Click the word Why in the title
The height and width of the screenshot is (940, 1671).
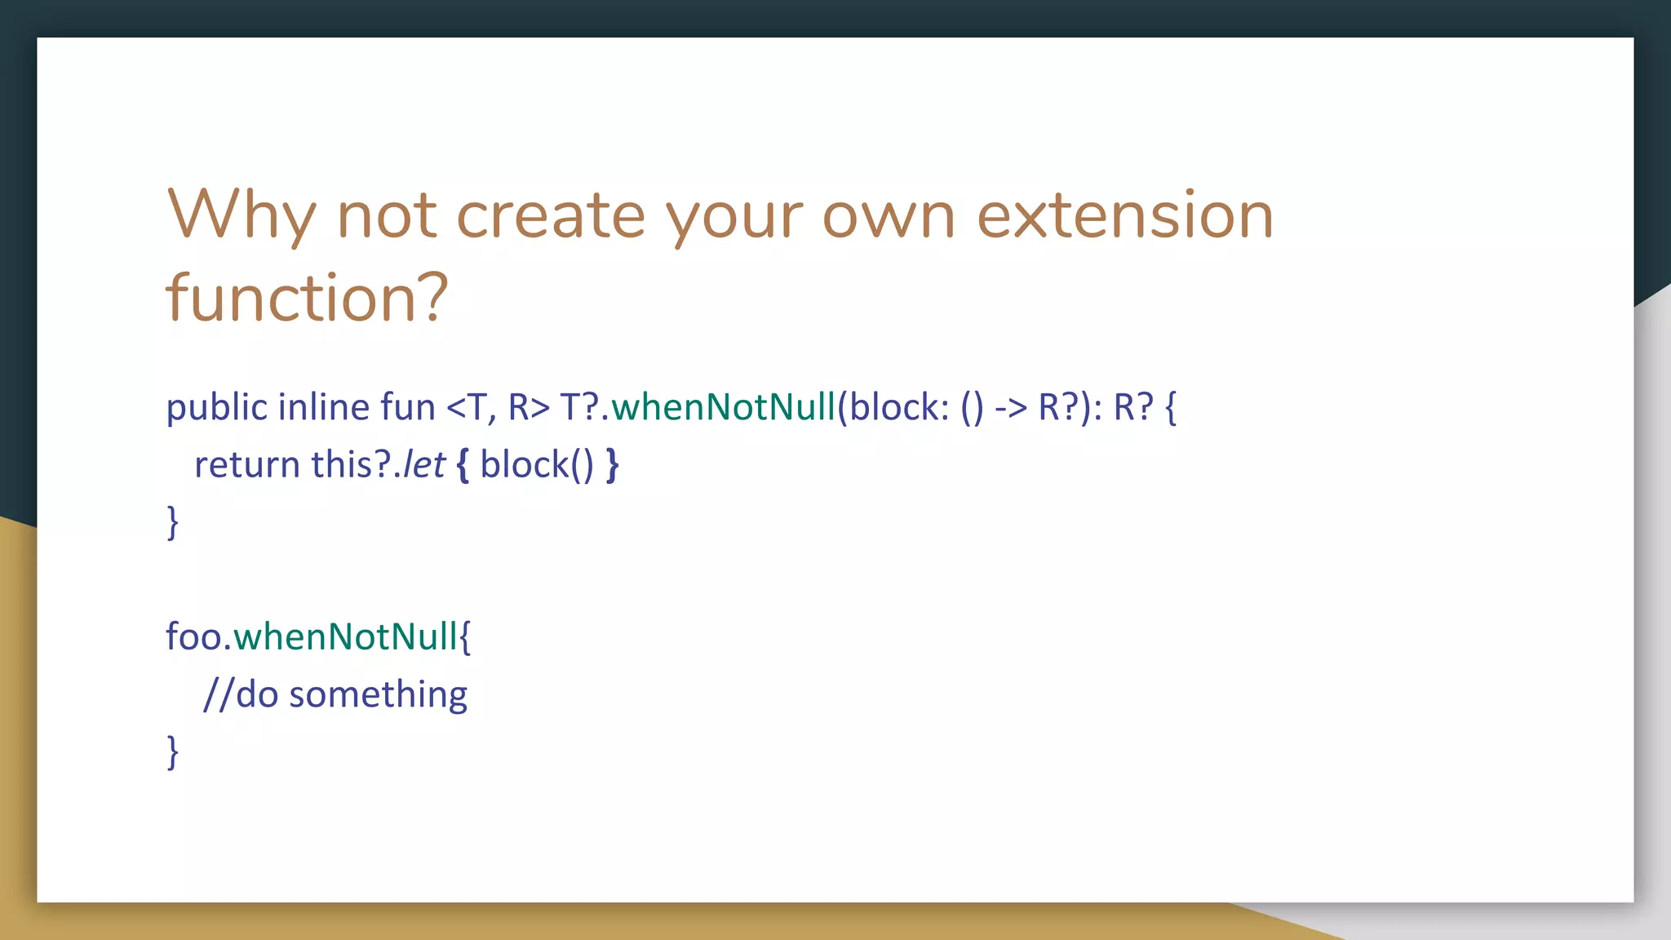(x=241, y=215)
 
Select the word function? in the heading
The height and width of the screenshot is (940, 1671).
(x=307, y=298)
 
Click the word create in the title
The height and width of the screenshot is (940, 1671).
(x=551, y=215)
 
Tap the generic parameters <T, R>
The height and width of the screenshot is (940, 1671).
(x=498, y=407)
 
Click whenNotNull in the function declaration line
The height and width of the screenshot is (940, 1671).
(x=724, y=407)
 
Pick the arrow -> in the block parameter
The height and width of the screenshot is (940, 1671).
(x=1010, y=407)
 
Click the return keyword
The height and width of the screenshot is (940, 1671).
(x=247, y=465)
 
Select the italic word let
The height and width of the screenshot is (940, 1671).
(x=424, y=465)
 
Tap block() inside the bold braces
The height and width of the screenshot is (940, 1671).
(x=536, y=465)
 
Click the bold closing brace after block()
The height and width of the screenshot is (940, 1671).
(x=612, y=465)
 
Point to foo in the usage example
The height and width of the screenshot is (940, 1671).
(x=193, y=637)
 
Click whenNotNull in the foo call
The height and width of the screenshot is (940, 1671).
(x=345, y=637)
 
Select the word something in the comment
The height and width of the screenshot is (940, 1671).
(x=378, y=695)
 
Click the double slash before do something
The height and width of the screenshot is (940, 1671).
(x=218, y=695)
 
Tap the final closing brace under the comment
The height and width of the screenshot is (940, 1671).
(x=172, y=752)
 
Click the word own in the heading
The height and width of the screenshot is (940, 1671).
(x=888, y=215)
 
